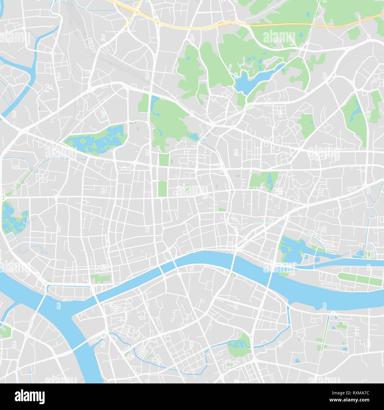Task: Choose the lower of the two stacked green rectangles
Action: [162, 188]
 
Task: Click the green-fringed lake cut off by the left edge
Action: [12, 218]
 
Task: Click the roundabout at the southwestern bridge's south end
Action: [103, 336]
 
